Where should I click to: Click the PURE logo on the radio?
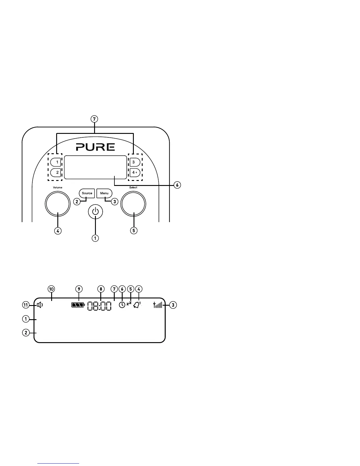95,147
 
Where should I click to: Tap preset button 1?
56,162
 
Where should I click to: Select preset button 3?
134,162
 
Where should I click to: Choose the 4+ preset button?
135,172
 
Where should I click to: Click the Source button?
87,193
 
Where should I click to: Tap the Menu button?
104,193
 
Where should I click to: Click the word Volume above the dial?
57,187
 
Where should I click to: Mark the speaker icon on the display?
40,305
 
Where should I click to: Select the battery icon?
78,305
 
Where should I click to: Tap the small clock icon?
122,305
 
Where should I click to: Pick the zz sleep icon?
129,304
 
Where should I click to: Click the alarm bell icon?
137,305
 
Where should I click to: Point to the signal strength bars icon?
158,305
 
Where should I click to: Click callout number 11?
26,305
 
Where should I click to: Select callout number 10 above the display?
51,289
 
